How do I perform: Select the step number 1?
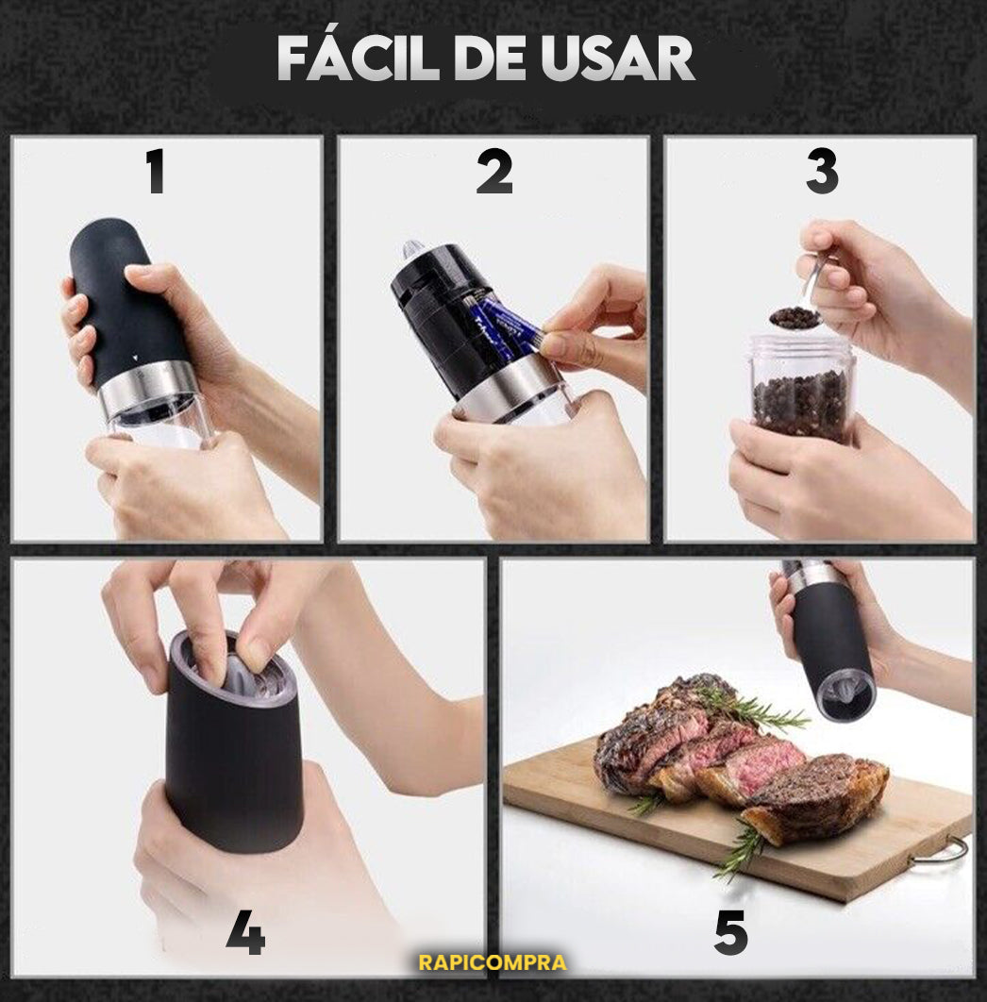[x=156, y=172]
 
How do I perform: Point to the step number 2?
[x=494, y=172]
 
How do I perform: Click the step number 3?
[x=822, y=172]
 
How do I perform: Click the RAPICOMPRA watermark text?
[x=493, y=962]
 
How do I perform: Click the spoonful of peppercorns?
[x=792, y=317]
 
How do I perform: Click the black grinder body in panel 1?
[x=125, y=301]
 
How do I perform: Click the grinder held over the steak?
[x=828, y=639]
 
